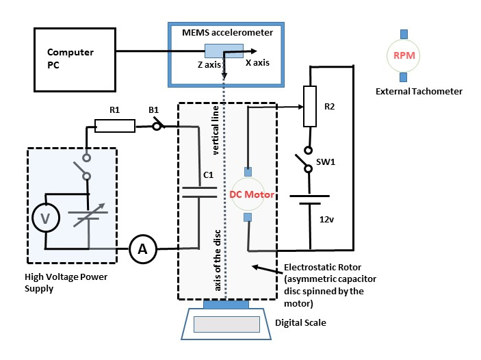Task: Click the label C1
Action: [208, 175]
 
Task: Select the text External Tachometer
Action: [419, 92]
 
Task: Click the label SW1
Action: [326, 162]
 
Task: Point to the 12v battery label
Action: [326, 220]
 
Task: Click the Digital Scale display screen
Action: [226, 324]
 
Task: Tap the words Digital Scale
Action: [300, 323]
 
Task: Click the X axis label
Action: [258, 62]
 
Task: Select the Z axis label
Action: [209, 65]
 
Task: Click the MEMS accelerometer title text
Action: [227, 33]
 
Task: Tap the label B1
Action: [154, 110]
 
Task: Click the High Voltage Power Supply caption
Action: [66, 283]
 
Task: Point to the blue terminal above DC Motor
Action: [248, 172]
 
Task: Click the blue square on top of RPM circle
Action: [404, 34]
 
